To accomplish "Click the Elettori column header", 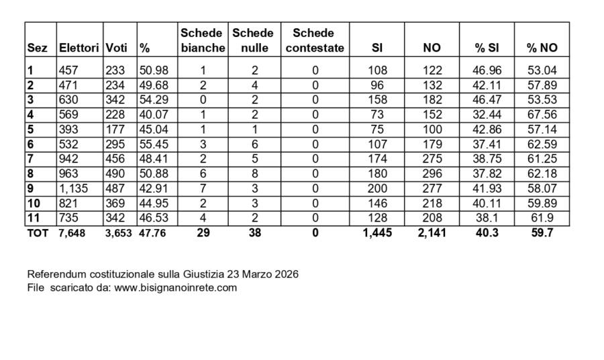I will [x=79, y=48].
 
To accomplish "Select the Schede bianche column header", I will [x=203, y=40].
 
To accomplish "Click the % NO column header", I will [x=542, y=48].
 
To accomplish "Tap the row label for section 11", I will [x=33, y=218].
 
